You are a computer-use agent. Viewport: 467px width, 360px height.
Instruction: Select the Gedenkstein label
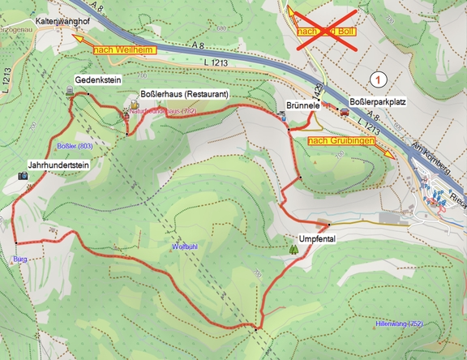(97, 81)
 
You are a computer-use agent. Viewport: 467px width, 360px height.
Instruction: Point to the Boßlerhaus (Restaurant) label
(185, 94)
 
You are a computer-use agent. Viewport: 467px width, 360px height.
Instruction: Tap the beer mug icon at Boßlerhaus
(134, 105)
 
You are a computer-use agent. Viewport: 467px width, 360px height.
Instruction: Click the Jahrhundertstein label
(58, 163)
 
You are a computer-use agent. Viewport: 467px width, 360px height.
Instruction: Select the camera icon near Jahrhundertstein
(22, 174)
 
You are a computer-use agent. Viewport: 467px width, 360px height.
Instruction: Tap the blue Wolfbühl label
(186, 245)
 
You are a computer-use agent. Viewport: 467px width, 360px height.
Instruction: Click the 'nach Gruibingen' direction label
(341, 141)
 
